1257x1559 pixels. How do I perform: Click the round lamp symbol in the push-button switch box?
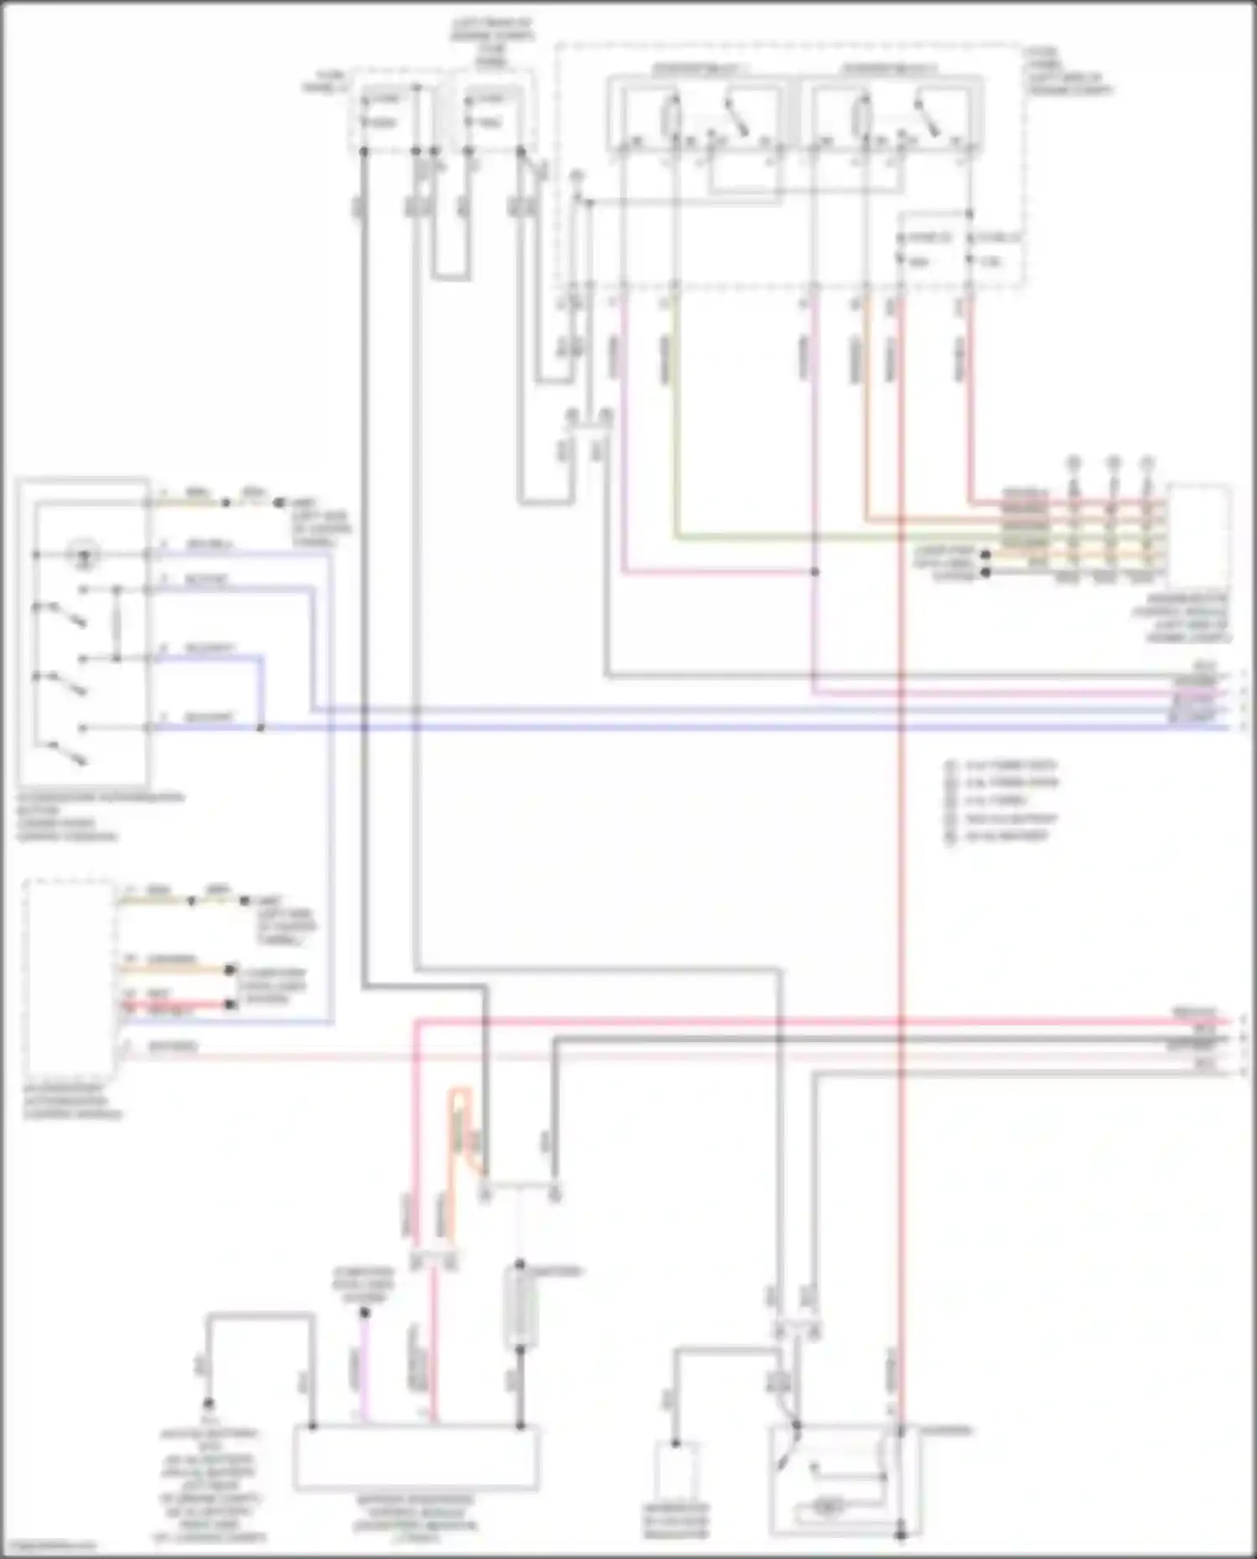(83, 554)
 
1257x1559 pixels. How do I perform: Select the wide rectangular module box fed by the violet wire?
(416, 1457)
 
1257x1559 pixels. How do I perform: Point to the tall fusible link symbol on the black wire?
(520, 1307)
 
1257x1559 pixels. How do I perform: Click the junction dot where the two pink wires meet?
(815, 572)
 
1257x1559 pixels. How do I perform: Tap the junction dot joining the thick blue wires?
(261, 727)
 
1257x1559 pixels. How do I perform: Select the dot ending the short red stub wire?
(229, 1004)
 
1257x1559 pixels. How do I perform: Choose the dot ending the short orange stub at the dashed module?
(229, 970)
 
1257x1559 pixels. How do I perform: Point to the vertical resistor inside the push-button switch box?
(116, 624)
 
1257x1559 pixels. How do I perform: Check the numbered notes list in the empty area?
(1002, 801)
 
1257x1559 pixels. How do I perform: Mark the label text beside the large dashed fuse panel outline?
(1066, 71)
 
